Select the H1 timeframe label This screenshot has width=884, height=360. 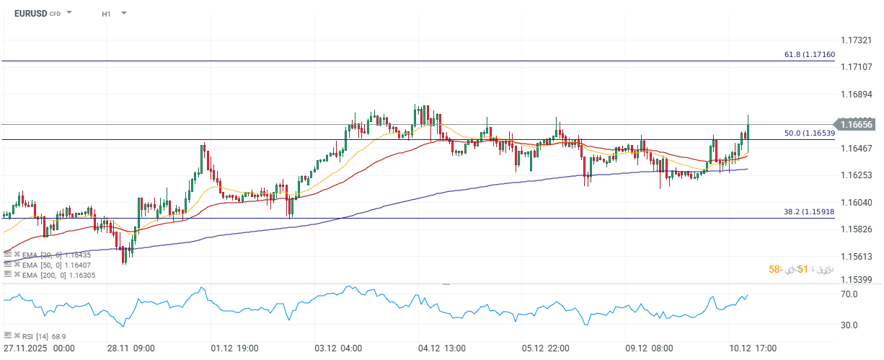(x=106, y=13)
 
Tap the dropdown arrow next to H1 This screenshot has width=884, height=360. (x=123, y=13)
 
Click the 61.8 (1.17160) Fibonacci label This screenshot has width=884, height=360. (x=809, y=54)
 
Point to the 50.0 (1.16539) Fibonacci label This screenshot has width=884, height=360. (x=809, y=133)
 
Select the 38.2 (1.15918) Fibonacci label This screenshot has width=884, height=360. (x=809, y=211)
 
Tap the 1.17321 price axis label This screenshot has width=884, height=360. (x=857, y=40)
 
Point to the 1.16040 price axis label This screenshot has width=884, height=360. (x=857, y=202)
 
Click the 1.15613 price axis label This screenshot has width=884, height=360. (x=857, y=256)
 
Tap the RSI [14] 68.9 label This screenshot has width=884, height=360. (x=35, y=336)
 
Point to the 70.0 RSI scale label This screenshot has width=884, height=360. (x=848, y=294)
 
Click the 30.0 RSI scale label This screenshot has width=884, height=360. (x=848, y=325)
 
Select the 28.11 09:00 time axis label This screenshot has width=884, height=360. (x=131, y=348)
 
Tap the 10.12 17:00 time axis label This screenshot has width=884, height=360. (x=752, y=348)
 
